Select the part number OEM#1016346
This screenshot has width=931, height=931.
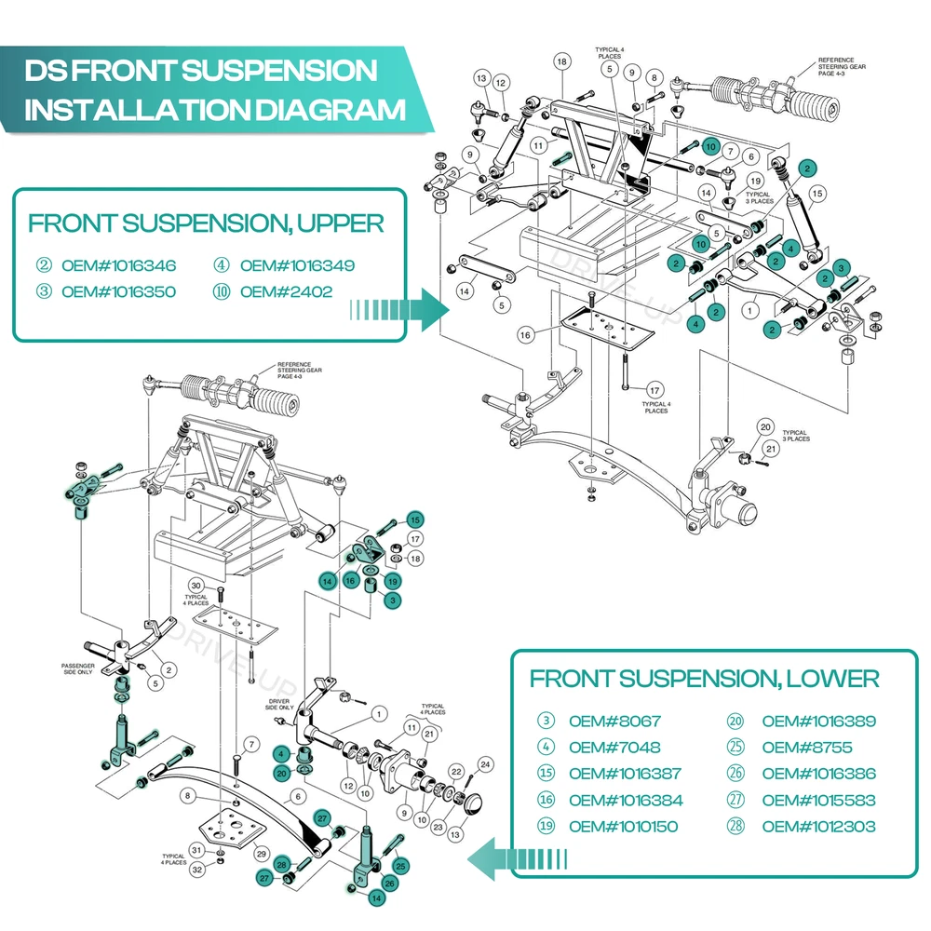tap(118, 265)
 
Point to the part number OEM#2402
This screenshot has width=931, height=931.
tap(286, 291)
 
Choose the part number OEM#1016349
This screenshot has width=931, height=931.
tap(297, 265)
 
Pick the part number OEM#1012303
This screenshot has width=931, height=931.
tap(818, 826)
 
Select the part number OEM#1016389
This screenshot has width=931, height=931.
tap(818, 721)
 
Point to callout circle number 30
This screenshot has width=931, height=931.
tap(196, 585)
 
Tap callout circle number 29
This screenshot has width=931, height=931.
tap(262, 854)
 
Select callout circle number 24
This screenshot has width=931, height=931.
tap(485, 765)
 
